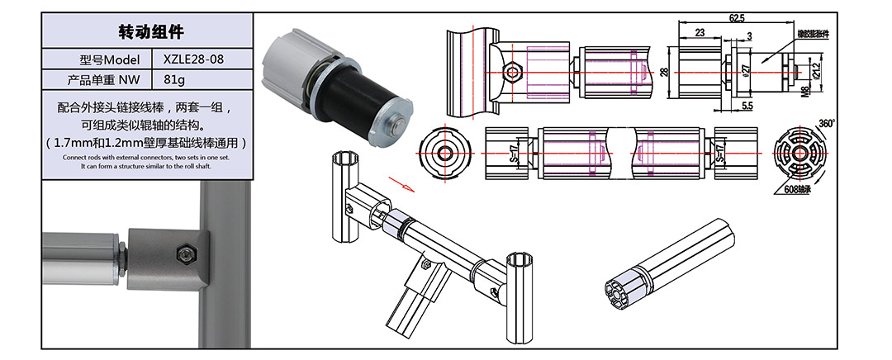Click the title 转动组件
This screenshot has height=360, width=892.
146,32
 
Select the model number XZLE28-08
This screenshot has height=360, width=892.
193,59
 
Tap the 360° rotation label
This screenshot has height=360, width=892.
827,123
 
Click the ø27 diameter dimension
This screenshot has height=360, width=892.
746,71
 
